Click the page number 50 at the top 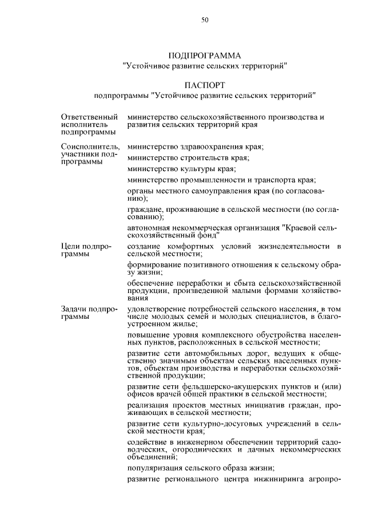point(205,20)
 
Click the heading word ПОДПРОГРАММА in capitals point(205,56)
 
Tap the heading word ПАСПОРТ point(205,84)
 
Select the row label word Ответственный point(85,117)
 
